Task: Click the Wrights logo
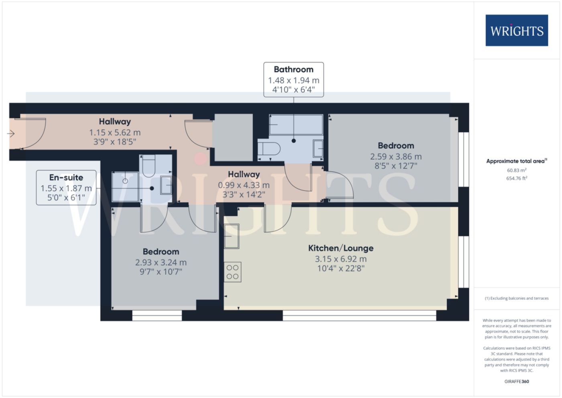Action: tap(517, 31)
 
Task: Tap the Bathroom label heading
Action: tap(293, 69)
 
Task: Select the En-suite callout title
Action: tap(66, 178)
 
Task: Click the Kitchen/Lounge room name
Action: tap(341, 248)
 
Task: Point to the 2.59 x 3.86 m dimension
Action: tap(396, 157)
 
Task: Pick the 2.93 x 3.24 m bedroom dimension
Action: tap(161, 263)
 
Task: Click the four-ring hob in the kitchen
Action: tap(232, 272)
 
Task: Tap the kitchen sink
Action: tap(232, 236)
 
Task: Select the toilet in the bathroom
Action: tap(269, 149)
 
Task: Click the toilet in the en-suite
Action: tap(149, 165)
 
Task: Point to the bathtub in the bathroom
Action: tap(296, 125)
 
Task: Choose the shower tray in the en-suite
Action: tap(125, 187)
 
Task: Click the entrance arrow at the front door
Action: tap(11, 133)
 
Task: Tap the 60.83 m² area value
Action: tap(517, 170)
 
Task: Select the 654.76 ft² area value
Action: tap(517, 178)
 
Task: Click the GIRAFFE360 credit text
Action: tap(517, 382)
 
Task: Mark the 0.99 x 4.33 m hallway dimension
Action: tap(244, 185)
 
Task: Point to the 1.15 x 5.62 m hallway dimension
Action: tap(115, 133)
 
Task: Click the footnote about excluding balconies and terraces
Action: tap(517, 298)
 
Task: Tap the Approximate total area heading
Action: tap(517, 161)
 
